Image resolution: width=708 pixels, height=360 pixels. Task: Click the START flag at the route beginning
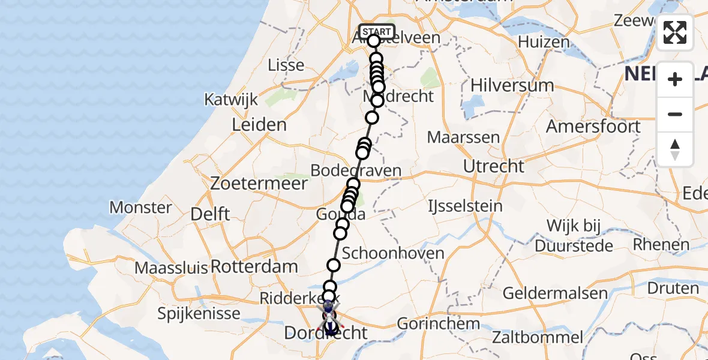click(376, 31)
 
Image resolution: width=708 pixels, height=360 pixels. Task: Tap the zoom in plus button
click(675, 79)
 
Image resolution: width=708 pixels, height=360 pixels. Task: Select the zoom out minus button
click(675, 114)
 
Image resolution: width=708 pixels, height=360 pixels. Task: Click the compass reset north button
click(675, 149)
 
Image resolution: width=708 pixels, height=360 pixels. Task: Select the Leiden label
click(259, 125)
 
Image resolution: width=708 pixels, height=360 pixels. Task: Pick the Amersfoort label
click(593, 127)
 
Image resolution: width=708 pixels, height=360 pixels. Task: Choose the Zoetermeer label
click(259, 184)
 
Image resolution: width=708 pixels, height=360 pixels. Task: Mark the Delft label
click(209, 214)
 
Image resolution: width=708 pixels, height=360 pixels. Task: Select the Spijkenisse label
click(199, 313)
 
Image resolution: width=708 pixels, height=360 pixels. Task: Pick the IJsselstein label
click(464, 206)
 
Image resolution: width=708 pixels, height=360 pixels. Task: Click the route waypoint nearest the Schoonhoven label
click(334, 265)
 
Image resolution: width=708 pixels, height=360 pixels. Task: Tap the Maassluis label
click(172, 268)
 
